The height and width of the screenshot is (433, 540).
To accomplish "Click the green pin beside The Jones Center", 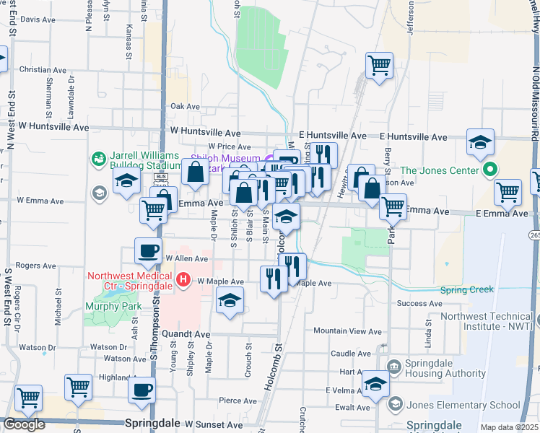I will (489, 170).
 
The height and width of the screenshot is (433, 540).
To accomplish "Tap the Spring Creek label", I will (467, 289).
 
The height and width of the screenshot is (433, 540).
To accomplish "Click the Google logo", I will (24, 424).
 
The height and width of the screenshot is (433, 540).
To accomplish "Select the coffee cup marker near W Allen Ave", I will (148, 252).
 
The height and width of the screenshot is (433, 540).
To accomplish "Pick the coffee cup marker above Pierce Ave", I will (141, 390).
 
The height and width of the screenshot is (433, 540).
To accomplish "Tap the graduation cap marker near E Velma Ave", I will (375, 384).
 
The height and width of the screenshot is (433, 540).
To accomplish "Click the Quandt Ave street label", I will (186, 335).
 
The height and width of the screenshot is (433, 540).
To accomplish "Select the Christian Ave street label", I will (43, 70).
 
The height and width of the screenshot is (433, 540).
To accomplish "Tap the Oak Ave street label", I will (185, 106).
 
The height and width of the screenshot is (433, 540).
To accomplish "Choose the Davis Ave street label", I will (39, 19).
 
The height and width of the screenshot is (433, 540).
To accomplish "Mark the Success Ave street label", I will (419, 303).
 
